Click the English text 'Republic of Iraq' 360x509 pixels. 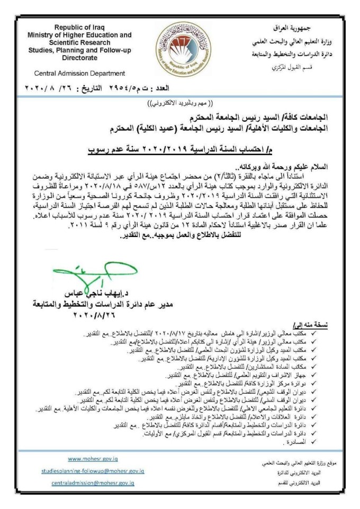click(80, 27)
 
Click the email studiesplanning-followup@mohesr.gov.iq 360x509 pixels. click(93, 470)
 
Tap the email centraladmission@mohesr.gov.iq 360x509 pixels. click(93, 483)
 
